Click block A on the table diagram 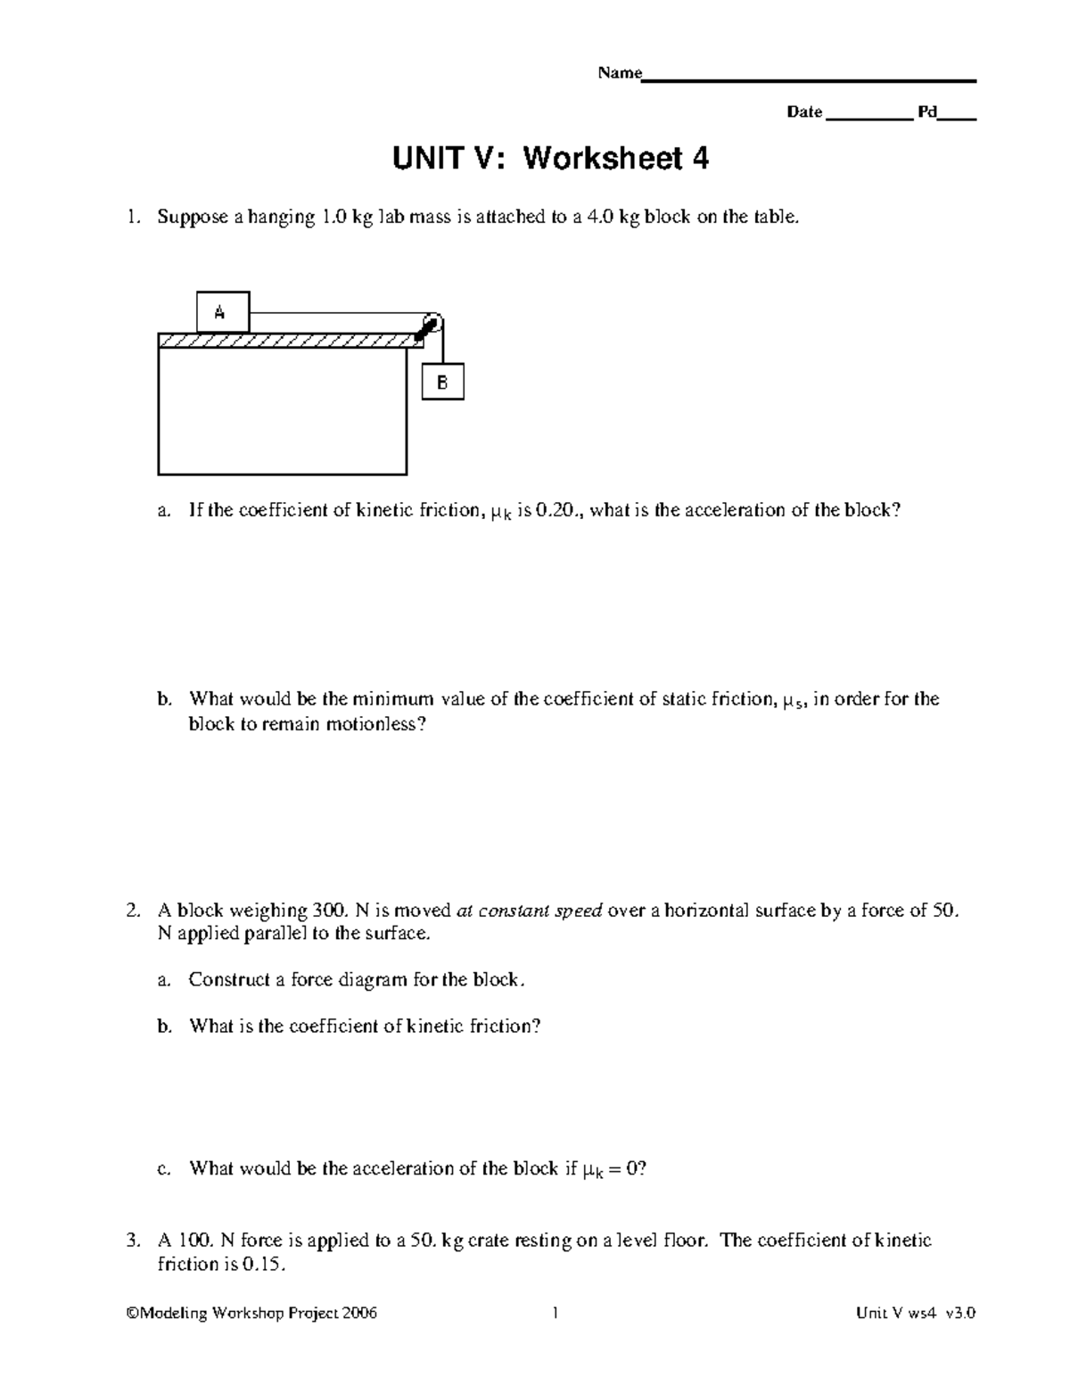pos(222,312)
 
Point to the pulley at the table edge pos(432,324)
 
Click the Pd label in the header pos(927,112)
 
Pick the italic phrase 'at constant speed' pos(530,911)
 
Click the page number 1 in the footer pos(555,1313)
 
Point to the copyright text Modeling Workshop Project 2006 pos(252,1313)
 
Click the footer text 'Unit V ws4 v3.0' pos(916,1313)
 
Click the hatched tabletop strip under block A pos(285,341)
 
